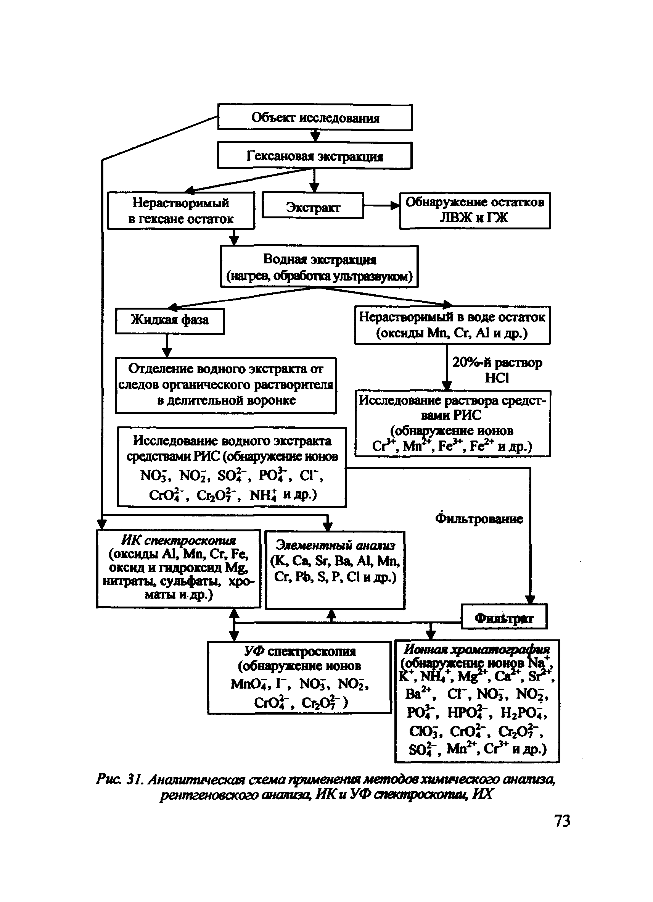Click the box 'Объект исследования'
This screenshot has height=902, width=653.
315,117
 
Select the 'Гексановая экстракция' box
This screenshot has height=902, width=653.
314,155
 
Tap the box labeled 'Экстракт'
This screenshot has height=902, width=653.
313,206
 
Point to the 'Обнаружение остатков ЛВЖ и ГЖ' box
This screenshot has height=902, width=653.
475,210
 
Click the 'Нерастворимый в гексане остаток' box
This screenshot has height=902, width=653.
181,210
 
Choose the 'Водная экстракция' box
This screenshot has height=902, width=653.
319,266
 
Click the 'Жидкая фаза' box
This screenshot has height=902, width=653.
170,321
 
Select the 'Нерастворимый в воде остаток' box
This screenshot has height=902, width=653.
452,325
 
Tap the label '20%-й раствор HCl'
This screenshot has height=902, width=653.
497,370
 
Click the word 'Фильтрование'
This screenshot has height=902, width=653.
479,519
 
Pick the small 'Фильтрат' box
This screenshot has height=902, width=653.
504,618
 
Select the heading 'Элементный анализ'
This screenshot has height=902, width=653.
335,545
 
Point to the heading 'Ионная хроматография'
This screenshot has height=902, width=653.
477,649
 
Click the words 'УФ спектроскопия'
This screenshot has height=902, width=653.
300,652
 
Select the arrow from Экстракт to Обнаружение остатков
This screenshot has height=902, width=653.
381,206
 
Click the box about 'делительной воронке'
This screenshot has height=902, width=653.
226,385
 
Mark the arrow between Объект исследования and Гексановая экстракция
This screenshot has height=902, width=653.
315,136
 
